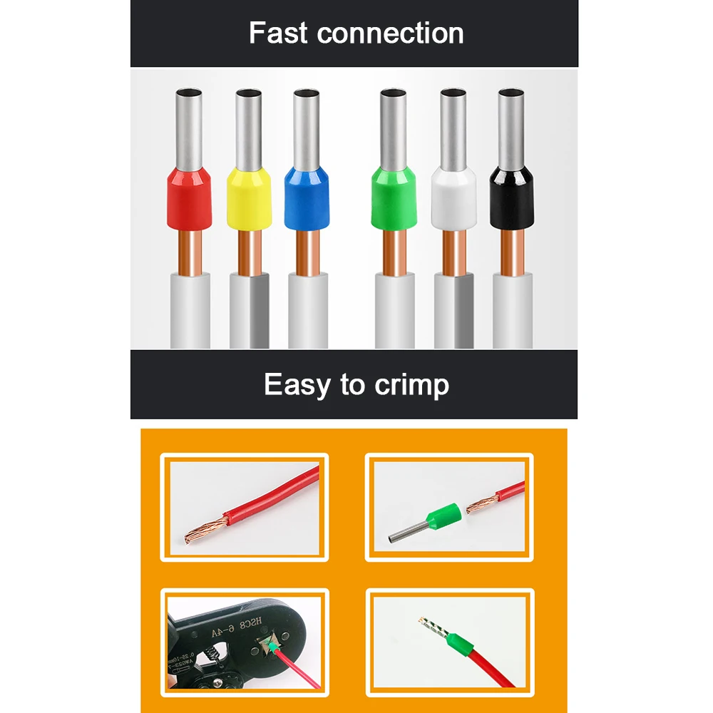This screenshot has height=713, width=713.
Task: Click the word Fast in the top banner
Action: pyautogui.click(x=279, y=34)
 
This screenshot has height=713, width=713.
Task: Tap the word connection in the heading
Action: pyautogui.click(x=390, y=34)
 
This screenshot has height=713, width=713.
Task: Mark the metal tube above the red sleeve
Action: pyautogui.click(x=188, y=128)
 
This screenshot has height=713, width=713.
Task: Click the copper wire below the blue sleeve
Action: pyautogui.click(x=307, y=253)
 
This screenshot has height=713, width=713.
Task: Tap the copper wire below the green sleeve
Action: pyautogui.click(x=393, y=253)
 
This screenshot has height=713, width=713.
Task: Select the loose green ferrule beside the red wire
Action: pyautogui.click(x=441, y=518)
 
